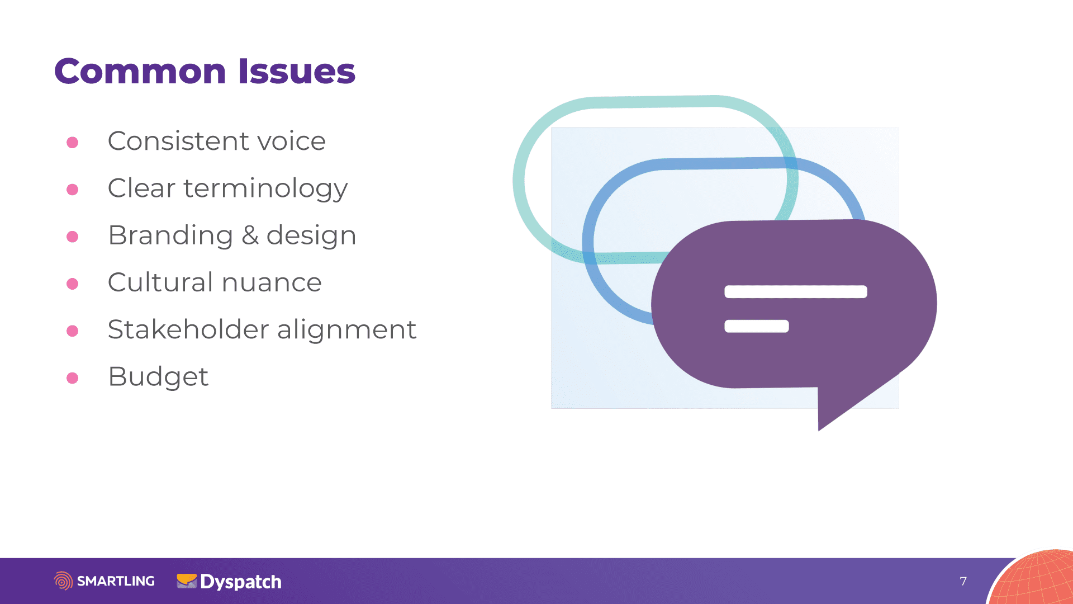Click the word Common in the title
pyautogui.click(x=140, y=72)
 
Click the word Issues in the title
pyautogui.click(x=297, y=72)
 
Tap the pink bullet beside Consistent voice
pyautogui.click(x=72, y=143)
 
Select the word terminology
pyautogui.click(x=265, y=189)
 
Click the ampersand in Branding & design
pyautogui.click(x=250, y=235)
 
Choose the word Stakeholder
pyautogui.click(x=188, y=329)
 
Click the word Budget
pyautogui.click(x=158, y=377)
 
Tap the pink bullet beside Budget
pyautogui.click(x=72, y=378)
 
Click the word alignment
pyautogui.click(x=346, y=330)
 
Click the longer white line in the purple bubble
pyautogui.click(x=796, y=291)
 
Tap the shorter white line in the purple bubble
pyautogui.click(x=757, y=326)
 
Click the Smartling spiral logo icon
pyautogui.click(x=63, y=581)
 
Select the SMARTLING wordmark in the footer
pyautogui.click(x=116, y=581)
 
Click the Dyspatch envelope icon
pyautogui.click(x=187, y=581)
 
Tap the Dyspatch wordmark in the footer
pyautogui.click(x=241, y=582)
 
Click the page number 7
pyautogui.click(x=963, y=582)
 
